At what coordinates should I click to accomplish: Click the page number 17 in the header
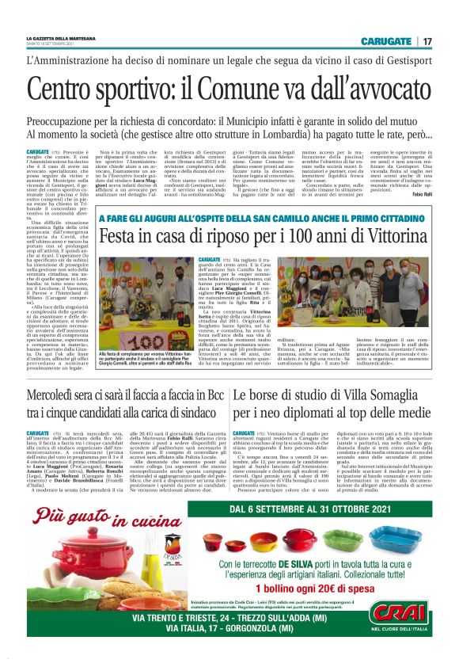coord(427,41)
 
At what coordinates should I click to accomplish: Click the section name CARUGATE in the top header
coord(385,41)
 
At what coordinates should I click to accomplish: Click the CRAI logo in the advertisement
coord(400,614)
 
